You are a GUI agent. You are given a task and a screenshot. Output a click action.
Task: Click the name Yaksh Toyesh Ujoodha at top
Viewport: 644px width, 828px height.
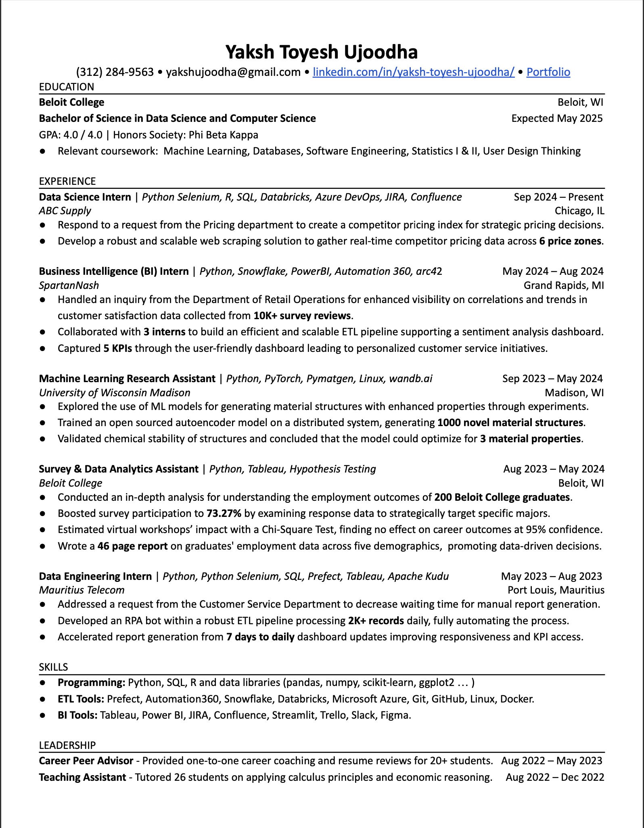[x=321, y=52]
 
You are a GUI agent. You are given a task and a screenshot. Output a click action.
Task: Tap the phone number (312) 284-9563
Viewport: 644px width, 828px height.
[x=115, y=72]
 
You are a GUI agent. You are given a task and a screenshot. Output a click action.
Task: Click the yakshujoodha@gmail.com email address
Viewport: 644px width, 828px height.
[x=233, y=72]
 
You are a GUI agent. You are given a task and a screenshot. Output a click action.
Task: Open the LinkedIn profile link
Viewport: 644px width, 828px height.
[x=414, y=72]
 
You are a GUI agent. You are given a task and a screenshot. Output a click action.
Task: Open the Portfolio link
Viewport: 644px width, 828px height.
[x=548, y=72]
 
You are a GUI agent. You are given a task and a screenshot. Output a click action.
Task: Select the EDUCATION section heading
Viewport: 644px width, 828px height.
[x=67, y=87]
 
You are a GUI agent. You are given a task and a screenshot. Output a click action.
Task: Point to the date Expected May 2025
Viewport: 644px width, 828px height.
[x=557, y=118]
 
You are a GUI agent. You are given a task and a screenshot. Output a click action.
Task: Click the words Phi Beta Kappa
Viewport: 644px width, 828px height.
[x=224, y=135]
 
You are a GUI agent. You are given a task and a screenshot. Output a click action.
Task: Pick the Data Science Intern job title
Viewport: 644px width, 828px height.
[x=85, y=197]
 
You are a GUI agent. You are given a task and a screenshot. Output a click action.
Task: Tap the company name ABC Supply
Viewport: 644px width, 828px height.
[x=65, y=211]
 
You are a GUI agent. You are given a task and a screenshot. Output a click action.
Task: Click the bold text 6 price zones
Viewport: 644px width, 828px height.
[x=570, y=241]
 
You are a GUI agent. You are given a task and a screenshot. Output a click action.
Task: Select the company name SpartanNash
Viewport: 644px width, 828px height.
[x=69, y=285]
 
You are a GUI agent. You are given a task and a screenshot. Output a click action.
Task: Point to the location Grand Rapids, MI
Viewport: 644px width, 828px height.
[x=564, y=285]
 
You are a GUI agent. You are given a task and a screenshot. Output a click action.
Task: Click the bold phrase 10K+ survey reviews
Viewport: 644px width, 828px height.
[x=302, y=316]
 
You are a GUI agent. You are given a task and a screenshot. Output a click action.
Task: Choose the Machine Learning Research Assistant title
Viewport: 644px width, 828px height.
[x=127, y=378]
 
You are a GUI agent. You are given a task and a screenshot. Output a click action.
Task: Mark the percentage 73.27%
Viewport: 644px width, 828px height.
[x=224, y=514]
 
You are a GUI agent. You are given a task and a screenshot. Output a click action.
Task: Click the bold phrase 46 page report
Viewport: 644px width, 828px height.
[x=133, y=546]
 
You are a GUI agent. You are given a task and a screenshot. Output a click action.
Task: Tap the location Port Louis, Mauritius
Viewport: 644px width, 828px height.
[x=556, y=590]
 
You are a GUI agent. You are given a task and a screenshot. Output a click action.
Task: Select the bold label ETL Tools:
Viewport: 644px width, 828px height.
[x=81, y=699]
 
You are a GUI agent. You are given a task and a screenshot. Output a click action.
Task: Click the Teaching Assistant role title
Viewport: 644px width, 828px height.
[x=82, y=777]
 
